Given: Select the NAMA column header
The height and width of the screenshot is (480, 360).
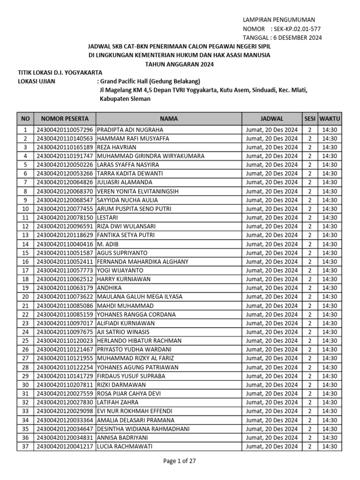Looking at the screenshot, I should click(x=169, y=119).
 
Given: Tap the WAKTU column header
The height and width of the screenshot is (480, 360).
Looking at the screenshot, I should click(x=330, y=119).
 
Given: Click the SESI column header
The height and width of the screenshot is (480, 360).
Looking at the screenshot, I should click(x=310, y=119).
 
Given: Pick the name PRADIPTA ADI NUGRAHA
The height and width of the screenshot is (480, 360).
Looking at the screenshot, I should click(x=130, y=130).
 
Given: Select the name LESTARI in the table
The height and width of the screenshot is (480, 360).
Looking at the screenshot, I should click(x=107, y=217).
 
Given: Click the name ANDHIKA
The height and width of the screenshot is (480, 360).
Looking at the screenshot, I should click(x=109, y=288).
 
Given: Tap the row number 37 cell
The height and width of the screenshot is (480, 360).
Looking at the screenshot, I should click(x=25, y=447).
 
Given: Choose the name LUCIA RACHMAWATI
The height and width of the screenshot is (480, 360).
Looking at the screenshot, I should click(x=125, y=447).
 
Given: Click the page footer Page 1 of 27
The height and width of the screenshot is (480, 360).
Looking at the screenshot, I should click(x=180, y=461).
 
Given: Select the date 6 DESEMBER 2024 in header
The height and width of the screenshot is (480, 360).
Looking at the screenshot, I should click(x=296, y=38).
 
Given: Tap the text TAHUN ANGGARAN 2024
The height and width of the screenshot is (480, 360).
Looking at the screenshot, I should click(x=180, y=64).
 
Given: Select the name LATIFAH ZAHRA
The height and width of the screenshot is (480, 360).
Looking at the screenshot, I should click(x=118, y=402).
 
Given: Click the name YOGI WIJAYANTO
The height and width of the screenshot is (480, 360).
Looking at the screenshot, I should click(x=120, y=270).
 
